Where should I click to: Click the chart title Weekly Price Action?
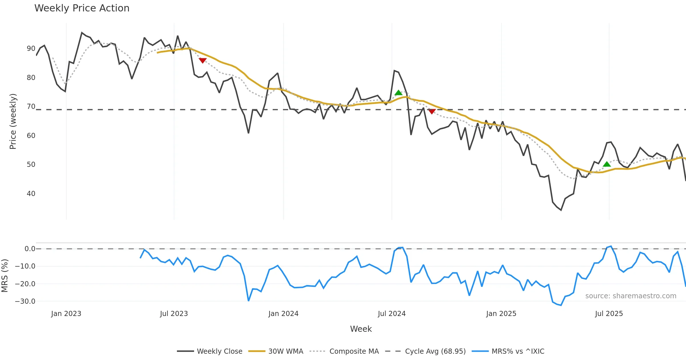click(x=82, y=8)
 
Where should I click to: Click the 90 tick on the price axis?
click(x=31, y=49)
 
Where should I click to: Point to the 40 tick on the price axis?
click(x=31, y=194)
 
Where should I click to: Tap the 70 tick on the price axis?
click(x=31, y=107)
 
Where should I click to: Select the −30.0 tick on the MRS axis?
click(x=25, y=301)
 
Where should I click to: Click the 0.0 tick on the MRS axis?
click(x=30, y=249)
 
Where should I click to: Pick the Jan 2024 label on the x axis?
click(x=283, y=314)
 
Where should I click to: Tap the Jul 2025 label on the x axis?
click(x=609, y=314)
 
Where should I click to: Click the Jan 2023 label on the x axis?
click(x=66, y=314)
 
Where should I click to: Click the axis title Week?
click(x=361, y=329)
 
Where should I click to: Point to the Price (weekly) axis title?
click(x=13, y=121)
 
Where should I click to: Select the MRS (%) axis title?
click(x=5, y=276)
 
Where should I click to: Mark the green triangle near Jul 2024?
click(x=398, y=93)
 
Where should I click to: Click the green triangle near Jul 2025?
click(x=607, y=164)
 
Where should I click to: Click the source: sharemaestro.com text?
click(x=631, y=296)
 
